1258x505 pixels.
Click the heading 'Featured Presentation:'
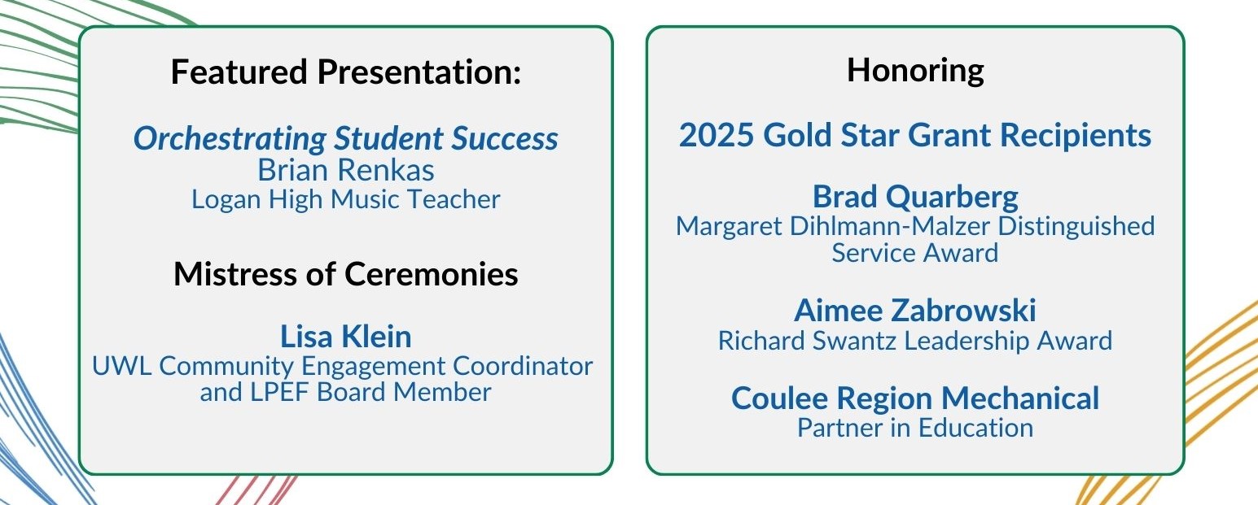click(346, 72)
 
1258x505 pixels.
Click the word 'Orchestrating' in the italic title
click(230, 138)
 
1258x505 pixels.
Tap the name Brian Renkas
click(346, 170)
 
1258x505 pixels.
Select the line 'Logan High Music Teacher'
click(346, 200)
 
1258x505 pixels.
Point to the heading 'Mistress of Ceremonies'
click(346, 274)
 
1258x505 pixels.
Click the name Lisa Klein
click(346, 337)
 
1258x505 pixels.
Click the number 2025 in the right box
click(717, 136)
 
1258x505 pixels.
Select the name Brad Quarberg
click(915, 198)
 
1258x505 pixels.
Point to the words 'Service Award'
click(915, 253)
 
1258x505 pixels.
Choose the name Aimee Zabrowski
click(915, 311)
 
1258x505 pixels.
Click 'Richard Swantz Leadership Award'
click(915, 342)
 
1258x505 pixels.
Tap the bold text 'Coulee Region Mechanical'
click(915, 398)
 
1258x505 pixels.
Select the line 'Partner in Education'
click(915, 428)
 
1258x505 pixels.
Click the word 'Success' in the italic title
click(505, 138)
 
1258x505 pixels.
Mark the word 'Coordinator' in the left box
click(523, 366)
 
